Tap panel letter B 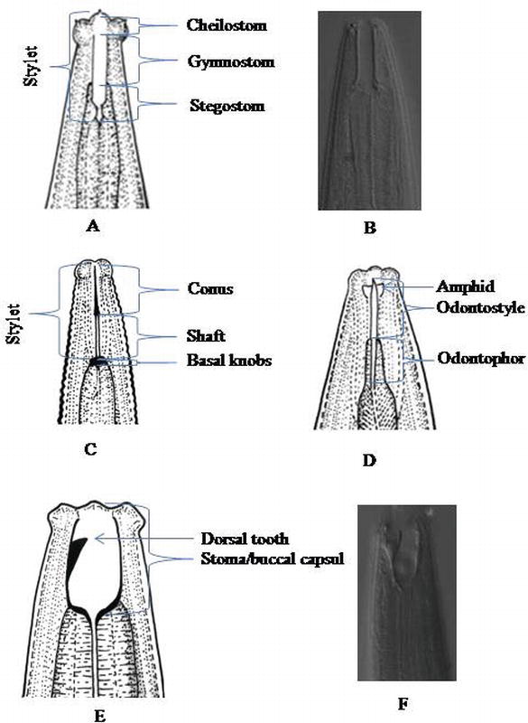coord(368,228)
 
